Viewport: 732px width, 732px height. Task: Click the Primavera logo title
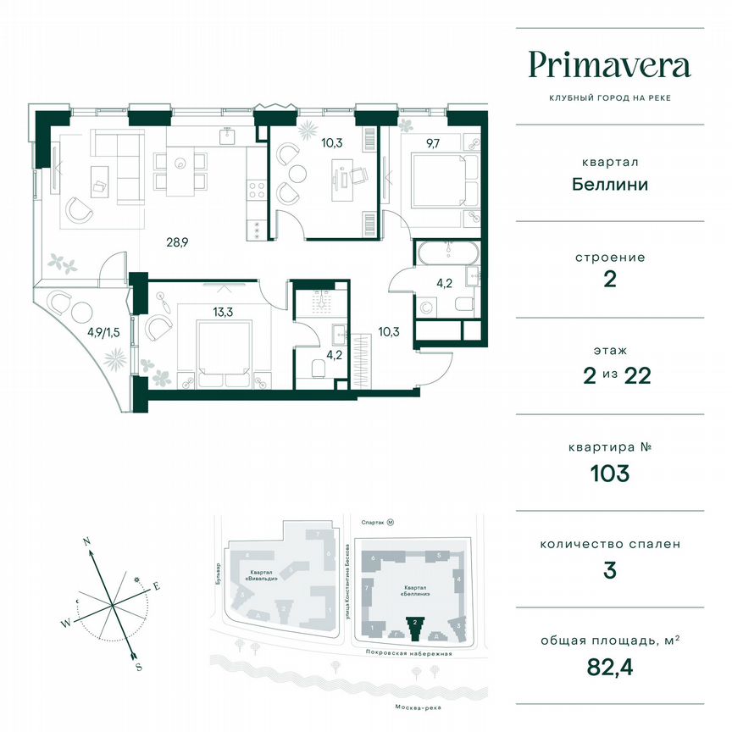pos(609,64)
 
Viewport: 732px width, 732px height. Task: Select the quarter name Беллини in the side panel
pos(609,184)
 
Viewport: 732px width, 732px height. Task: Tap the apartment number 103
pos(609,474)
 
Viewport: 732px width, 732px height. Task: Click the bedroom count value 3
pos(609,570)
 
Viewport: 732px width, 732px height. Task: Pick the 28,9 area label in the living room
pos(176,242)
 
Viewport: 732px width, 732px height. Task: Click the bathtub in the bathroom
pos(447,253)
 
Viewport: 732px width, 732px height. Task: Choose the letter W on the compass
pos(64,624)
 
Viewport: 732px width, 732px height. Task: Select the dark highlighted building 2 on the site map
pos(415,629)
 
